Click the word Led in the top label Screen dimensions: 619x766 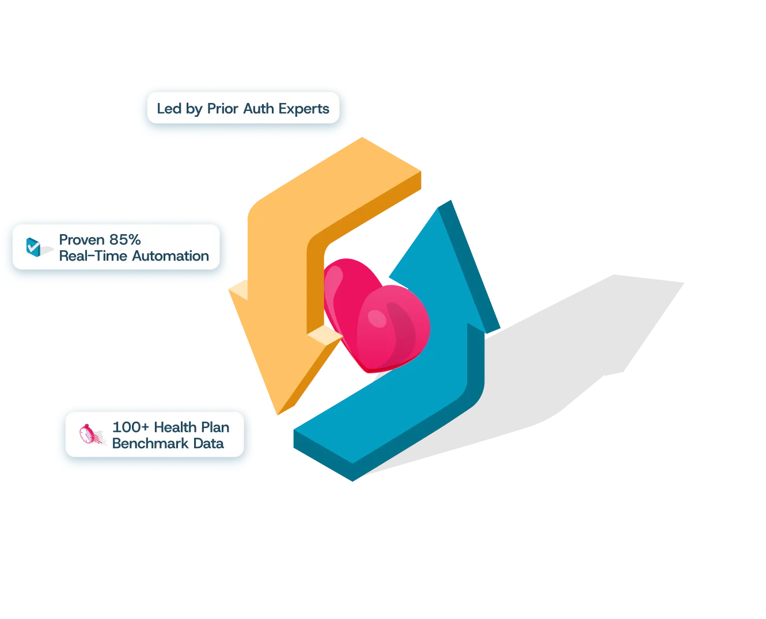click(x=169, y=109)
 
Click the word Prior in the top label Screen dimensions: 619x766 click(x=222, y=109)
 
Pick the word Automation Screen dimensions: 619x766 click(x=171, y=256)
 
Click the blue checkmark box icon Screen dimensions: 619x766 click(x=35, y=247)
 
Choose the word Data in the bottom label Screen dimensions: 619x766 click(x=208, y=444)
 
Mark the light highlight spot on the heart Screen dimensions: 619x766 click(x=377, y=316)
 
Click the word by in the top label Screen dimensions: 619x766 click(x=194, y=109)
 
